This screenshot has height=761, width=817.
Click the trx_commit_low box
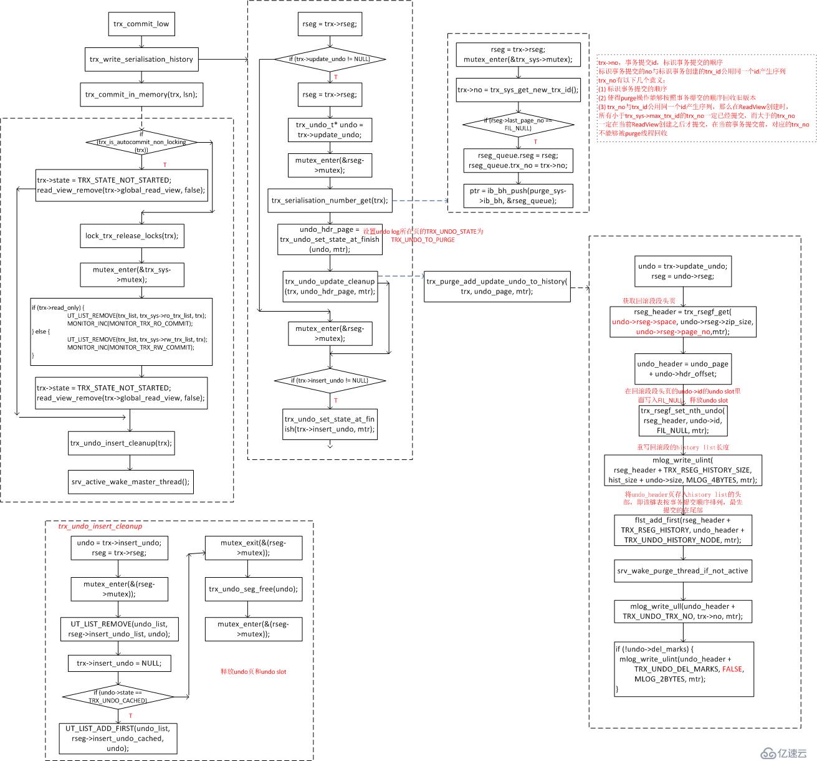coord(141,24)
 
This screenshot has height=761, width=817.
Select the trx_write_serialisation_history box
coord(141,59)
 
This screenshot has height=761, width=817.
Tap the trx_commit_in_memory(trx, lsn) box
coord(141,95)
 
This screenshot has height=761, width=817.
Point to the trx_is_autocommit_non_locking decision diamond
coord(141,142)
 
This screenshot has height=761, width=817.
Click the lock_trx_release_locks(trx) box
coord(132,236)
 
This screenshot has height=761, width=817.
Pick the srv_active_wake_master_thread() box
coord(130,482)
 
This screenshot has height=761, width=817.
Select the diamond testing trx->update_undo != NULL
coord(330,59)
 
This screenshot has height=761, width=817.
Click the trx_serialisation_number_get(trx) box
coord(330,201)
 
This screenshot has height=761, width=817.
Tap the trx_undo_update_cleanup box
coord(330,286)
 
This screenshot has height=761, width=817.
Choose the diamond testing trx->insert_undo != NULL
coord(330,380)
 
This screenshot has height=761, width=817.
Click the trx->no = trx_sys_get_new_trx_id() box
coord(518,90)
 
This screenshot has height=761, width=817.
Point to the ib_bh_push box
coord(518,196)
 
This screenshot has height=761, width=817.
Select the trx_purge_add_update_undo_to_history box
coord(497,286)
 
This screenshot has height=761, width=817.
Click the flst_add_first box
coord(682,530)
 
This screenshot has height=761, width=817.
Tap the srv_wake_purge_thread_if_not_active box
coord(682,571)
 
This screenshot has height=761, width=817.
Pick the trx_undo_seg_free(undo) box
coord(253,589)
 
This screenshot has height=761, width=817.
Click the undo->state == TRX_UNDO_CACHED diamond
coord(118,696)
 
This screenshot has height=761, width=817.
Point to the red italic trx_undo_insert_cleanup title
coord(100,527)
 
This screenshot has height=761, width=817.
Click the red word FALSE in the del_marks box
coord(732,669)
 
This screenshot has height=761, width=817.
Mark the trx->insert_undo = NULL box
coord(119,663)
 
